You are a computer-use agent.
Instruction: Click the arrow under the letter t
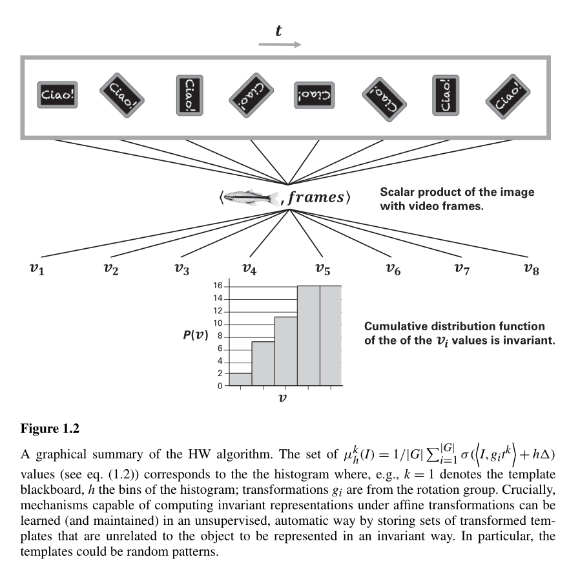280,45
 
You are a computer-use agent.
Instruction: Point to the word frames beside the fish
316,198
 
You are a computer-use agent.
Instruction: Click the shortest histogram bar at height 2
240,379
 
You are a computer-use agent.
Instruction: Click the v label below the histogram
282,399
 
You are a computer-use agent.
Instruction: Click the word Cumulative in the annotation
394,326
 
